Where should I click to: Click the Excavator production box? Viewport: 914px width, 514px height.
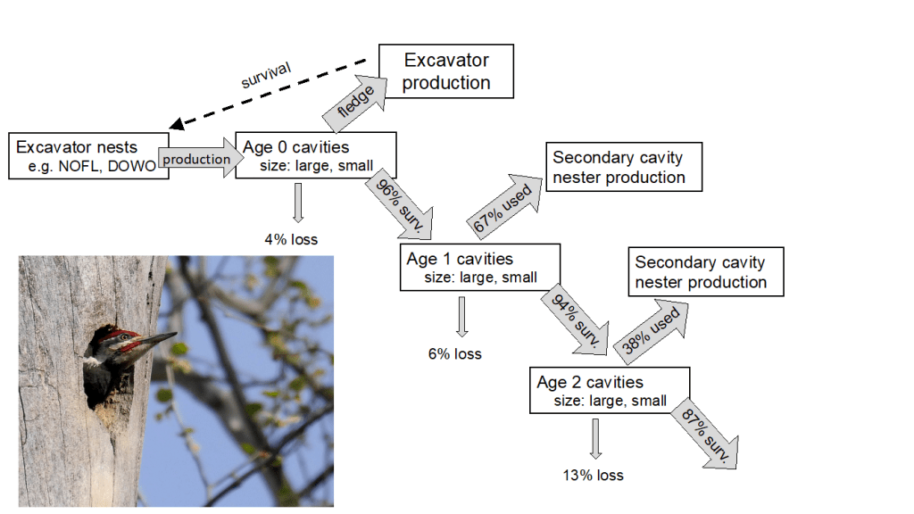pos(446,71)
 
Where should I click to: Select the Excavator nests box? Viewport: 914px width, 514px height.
pos(87,156)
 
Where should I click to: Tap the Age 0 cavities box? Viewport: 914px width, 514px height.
pos(315,156)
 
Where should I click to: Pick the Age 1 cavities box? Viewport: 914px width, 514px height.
pos(479,268)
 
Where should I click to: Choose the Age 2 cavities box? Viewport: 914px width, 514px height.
pos(610,391)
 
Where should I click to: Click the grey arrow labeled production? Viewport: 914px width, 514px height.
pos(197,159)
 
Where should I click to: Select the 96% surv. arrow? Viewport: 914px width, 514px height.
pos(398,203)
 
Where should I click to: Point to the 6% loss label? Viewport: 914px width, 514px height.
pos(455,353)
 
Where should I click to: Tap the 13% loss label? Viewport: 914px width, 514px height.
pos(593,475)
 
